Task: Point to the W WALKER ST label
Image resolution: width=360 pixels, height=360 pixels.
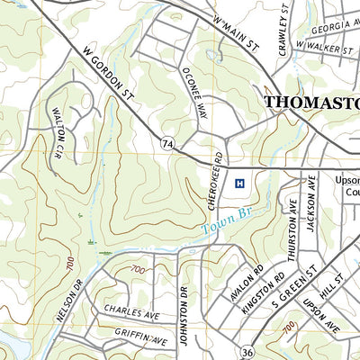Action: tap(322, 46)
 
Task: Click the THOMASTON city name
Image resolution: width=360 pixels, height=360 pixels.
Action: tap(310, 103)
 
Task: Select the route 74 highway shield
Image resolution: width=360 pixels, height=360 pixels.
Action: tap(167, 143)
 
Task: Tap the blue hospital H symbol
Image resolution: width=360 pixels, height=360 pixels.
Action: tap(239, 183)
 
